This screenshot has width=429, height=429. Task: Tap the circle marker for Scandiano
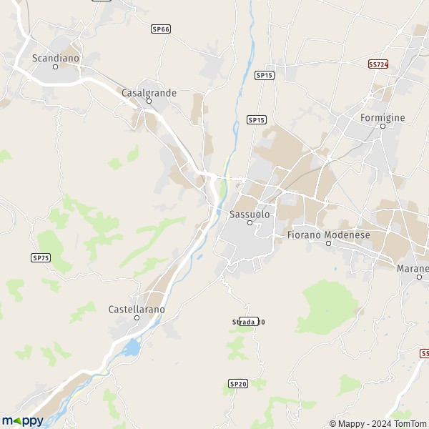[56, 66]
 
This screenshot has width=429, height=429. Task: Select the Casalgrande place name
[149, 92]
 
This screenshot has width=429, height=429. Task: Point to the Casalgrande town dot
[149, 102]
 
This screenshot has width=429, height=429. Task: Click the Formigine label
[383, 117]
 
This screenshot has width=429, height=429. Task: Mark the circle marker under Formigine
[383, 126]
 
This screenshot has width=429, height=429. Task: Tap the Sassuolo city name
[250, 213]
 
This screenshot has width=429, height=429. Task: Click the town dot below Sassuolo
[250, 222]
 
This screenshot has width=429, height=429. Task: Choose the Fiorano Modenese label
[328, 234]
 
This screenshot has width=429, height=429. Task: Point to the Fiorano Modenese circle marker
[329, 243]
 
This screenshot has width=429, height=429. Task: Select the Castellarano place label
[137, 309]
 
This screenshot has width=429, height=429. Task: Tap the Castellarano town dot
[137, 318]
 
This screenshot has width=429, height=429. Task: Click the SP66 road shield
[161, 29]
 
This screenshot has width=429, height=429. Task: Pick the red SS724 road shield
[378, 64]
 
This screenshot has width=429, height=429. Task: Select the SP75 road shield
[41, 257]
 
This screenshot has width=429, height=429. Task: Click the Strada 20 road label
[248, 322]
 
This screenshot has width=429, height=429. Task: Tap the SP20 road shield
[238, 384]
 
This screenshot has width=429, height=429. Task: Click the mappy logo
[22, 420]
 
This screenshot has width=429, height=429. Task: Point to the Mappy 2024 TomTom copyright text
[377, 423]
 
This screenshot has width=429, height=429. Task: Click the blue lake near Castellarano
[131, 348]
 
